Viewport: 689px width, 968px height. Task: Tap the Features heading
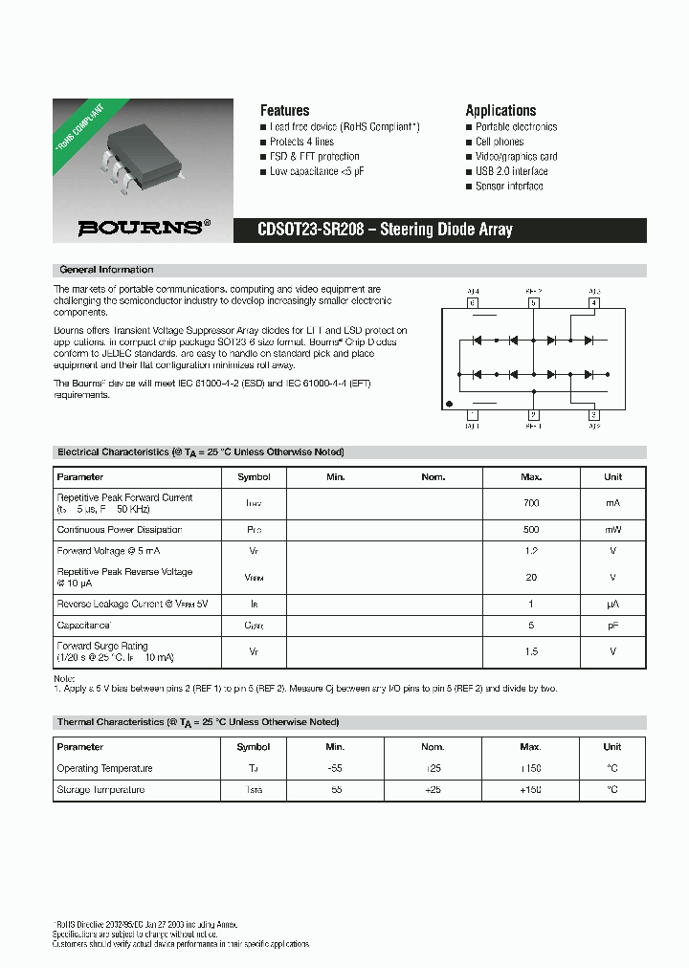coord(284,110)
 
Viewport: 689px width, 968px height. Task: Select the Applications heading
coord(500,110)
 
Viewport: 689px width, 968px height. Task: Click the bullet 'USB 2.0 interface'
coord(511,171)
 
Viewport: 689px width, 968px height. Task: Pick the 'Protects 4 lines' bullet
coord(301,142)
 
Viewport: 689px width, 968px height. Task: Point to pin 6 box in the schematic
coord(472,302)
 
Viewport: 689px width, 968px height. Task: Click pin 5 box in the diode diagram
coord(533,302)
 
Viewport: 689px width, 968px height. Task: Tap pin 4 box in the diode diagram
coord(593,302)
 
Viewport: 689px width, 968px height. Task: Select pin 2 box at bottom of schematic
coord(533,414)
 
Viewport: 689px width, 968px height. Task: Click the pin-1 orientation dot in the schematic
coord(449,402)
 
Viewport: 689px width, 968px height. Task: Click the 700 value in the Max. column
coord(531,503)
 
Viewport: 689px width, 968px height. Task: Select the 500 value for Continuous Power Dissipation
coord(531,530)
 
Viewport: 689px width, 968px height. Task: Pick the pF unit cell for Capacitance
coord(612,626)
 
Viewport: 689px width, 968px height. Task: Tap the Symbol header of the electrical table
coord(254,476)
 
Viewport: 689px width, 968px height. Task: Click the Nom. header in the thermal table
coord(433,747)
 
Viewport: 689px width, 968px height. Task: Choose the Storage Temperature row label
coord(100,790)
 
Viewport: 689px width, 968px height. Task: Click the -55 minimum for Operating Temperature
coord(335,769)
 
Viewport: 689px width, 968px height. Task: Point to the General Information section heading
coord(106,270)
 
